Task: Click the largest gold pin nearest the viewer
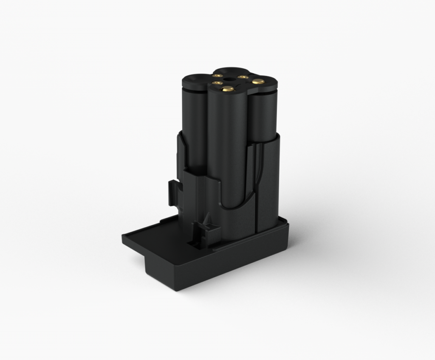pos(228,89)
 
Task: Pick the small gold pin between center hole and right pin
pos(243,77)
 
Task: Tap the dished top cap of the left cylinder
pos(195,79)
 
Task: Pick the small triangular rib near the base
pos(208,220)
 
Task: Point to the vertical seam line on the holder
pos(256,187)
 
